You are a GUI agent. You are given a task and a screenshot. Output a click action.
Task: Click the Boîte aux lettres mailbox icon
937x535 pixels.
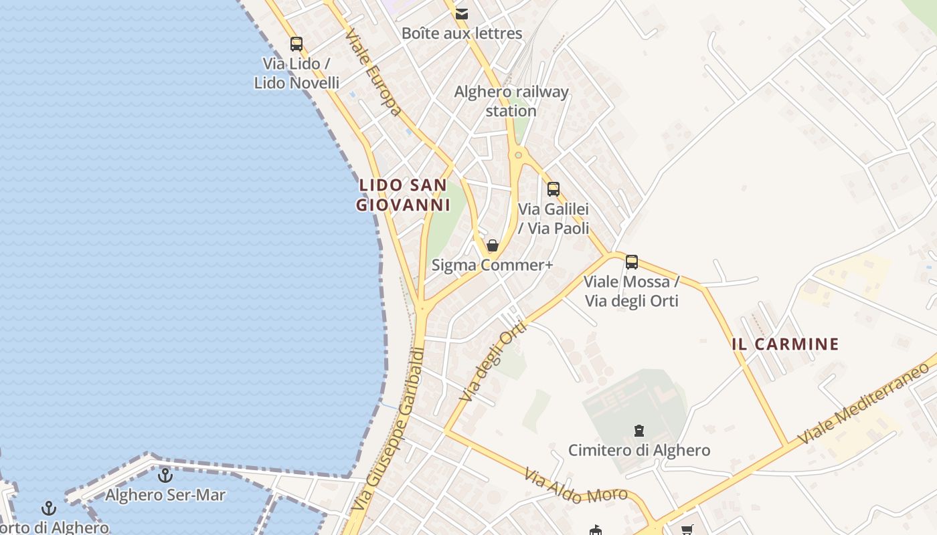point(461,13)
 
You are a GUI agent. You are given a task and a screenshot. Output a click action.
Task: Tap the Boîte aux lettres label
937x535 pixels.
point(462,33)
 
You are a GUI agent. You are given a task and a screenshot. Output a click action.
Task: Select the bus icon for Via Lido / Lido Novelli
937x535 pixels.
point(296,44)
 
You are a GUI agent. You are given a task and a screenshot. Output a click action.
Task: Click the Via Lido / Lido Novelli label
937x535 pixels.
point(296,74)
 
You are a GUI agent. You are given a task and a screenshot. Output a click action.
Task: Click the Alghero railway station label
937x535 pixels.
point(511,101)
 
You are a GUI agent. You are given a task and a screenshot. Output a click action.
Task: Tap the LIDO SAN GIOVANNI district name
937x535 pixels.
point(403,195)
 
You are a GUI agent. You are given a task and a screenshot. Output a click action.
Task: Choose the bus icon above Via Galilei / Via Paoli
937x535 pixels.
point(553,189)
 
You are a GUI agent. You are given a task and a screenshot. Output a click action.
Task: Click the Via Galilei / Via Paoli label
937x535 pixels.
point(553,219)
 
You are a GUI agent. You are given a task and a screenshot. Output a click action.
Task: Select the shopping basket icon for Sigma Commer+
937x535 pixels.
point(493,245)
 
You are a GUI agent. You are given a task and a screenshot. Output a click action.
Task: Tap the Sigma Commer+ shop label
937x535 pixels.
point(492,265)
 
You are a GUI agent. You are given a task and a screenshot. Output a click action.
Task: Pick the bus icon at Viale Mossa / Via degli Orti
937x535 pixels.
point(631,262)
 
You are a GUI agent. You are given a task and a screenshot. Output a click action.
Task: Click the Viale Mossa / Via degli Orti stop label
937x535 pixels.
point(632,291)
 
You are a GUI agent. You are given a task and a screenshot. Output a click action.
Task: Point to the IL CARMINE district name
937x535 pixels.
point(785,344)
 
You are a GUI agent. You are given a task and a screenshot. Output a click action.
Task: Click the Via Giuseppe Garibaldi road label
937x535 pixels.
point(388,430)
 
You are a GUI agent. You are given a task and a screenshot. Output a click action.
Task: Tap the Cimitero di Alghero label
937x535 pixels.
point(639,450)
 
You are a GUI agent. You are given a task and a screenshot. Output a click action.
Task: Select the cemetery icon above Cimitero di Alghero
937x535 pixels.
point(639,431)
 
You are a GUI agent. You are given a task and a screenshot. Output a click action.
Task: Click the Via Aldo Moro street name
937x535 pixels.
point(576,487)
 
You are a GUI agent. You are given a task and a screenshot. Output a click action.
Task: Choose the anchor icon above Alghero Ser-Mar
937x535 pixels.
point(165,475)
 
